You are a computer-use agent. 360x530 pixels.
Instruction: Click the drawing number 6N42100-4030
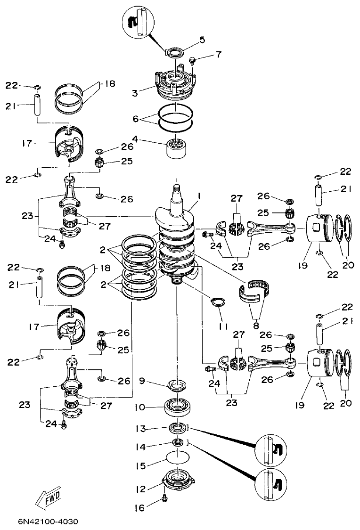point(48,522)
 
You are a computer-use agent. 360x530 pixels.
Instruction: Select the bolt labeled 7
point(192,60)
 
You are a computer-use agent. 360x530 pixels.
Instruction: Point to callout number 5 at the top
point(202,40)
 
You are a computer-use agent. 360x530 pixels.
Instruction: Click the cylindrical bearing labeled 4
point(177,149)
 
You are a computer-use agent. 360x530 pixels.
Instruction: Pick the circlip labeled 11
point(219,302)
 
